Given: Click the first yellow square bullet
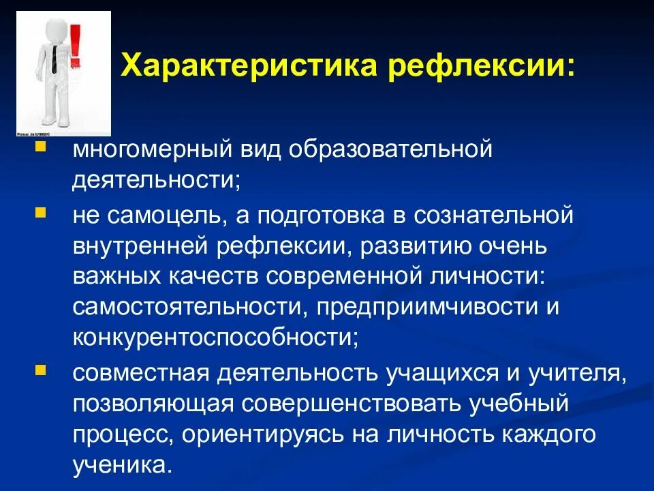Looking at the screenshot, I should pos(41,147).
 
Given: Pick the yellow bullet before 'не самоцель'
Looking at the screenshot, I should pos(41,213).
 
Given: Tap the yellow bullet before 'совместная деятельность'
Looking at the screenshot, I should pos(41,370).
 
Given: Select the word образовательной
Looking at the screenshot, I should pos(392,149).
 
